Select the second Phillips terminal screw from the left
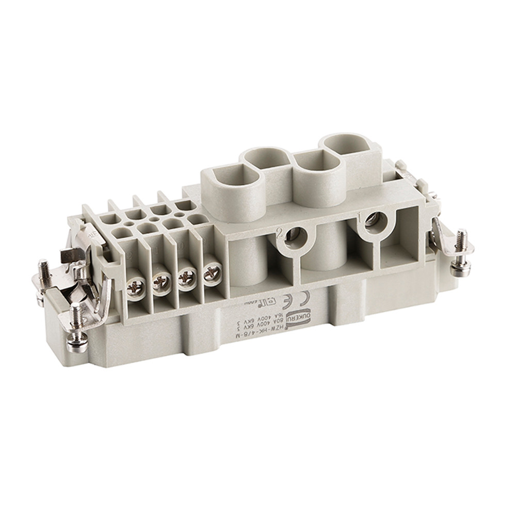[162, 282]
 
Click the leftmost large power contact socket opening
[227, 178]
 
